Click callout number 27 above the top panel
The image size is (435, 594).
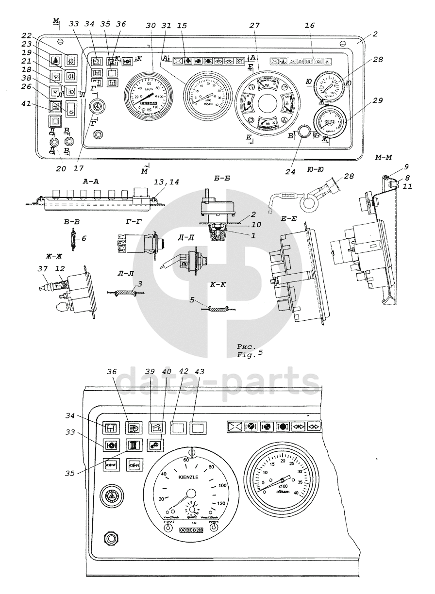(252, 26)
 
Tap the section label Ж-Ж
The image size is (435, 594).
(50, 254)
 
